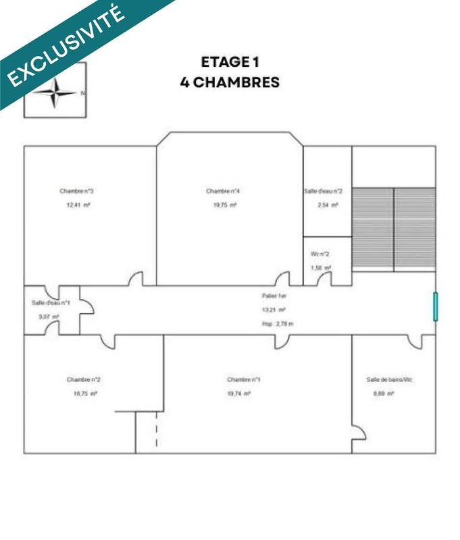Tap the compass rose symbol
56,92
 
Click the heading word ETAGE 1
230,62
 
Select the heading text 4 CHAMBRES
230,82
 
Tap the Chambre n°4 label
223,192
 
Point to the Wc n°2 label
320,254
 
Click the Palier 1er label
272,296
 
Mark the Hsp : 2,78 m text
278,324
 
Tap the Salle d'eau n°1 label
51,303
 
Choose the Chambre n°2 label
84,379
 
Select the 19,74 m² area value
239,394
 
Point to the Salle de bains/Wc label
389,380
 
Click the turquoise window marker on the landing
436,306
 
